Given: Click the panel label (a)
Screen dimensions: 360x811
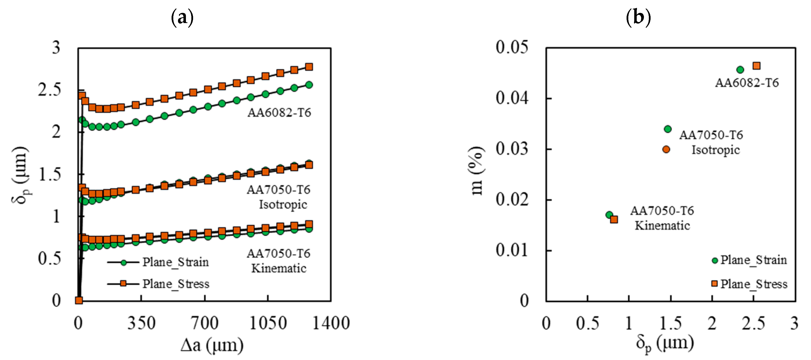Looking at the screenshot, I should click(x=182, y=18).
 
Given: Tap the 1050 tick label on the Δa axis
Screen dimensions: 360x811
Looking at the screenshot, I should click(x=268, y=324).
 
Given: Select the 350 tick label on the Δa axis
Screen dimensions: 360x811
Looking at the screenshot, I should click(x=141, y=324).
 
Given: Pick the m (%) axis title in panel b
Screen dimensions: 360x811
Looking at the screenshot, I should click(x=477, y=171).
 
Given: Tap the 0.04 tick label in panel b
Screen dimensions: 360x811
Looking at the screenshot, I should click(x=512, y=98).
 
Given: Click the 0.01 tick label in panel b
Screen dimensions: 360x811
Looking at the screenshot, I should click(x=512, y=250).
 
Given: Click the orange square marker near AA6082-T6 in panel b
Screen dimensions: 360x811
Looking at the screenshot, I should click(x=757, y=66).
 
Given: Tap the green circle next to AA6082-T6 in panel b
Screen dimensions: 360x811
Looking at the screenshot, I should click(x=740, y=70).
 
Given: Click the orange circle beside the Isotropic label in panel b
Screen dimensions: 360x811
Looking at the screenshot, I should click(x=666, y=149).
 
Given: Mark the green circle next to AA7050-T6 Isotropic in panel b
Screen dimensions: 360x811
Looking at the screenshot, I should click(x=667, y=129).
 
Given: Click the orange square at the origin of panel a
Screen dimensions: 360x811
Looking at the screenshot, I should click(x=79, y=300).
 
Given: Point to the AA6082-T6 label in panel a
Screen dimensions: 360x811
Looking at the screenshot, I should click(x=279, y=113).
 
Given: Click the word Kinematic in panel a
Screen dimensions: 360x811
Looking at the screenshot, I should click(x=279, y=268).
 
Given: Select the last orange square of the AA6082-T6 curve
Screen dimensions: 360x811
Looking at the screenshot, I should click(x=309, y=67).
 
